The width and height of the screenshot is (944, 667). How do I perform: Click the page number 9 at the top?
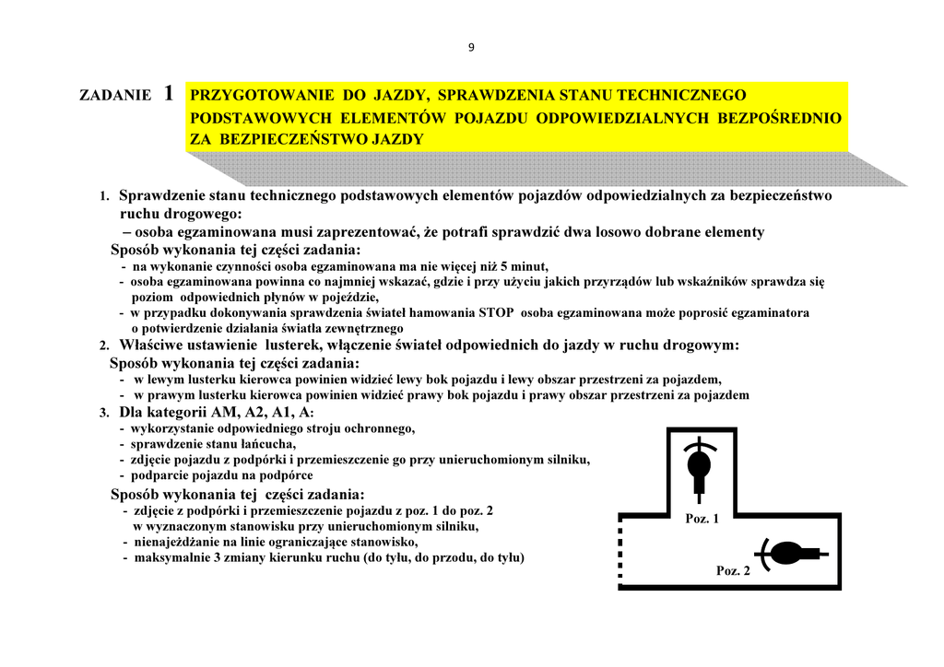(471, 48)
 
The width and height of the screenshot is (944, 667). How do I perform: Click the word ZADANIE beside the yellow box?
(115, 95)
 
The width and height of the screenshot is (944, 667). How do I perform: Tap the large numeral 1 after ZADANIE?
(168, 93)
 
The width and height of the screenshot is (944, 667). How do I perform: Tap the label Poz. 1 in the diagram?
(702, 519)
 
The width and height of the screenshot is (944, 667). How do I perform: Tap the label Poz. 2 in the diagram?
(733, 571)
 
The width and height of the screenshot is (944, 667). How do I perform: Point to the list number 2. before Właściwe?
(104, 345)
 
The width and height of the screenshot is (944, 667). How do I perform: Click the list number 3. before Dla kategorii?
(104, 413)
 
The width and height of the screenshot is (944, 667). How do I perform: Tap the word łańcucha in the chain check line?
(269, 444)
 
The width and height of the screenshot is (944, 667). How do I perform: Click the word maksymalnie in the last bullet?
(170, 557)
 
